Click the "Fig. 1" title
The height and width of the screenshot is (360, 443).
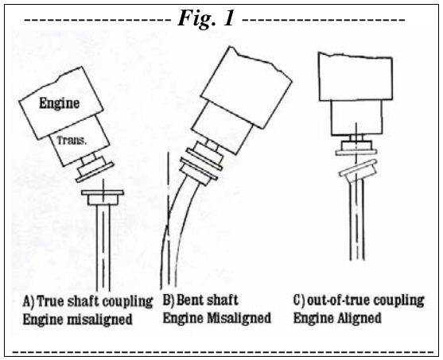pos(206,17)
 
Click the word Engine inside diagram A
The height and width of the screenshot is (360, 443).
pos(60,103)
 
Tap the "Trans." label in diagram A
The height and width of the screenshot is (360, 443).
pos(72,141)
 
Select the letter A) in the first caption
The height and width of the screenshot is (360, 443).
pos(29,301)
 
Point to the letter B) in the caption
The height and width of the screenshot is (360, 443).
pos(169,300)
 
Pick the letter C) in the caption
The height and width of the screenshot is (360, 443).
pos(299,300)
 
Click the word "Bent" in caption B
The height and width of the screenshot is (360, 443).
pos(189,300)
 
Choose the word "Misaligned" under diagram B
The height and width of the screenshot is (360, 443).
pos(239,318)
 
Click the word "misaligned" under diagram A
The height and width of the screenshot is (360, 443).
pos(100,319)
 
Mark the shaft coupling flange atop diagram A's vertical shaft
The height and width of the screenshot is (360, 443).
pos(103,197)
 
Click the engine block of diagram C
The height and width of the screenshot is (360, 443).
pos(356,77)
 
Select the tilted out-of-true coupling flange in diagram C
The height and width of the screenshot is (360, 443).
pos(359,171)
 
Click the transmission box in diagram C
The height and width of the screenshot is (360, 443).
pos(357,118)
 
